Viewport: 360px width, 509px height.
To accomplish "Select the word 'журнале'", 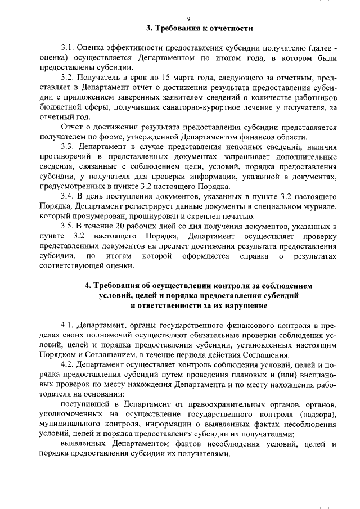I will click(319, 208).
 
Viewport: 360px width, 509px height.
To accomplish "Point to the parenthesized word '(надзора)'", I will click(317, 416).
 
